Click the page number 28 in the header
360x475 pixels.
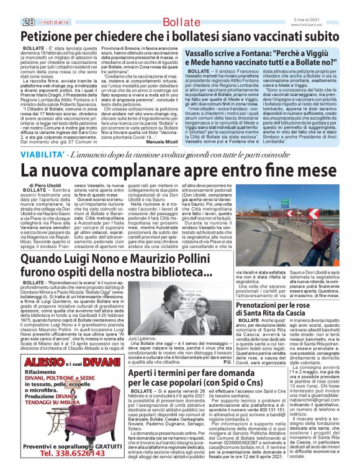point(11,6)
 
